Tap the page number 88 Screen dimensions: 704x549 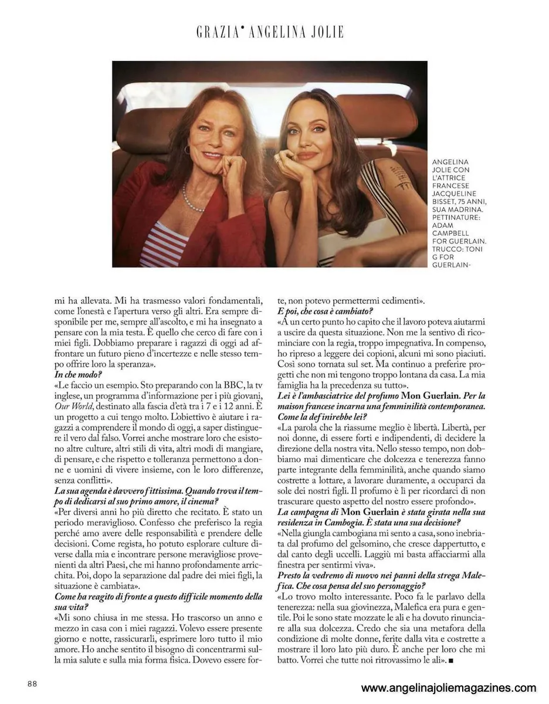(x=32, y=683)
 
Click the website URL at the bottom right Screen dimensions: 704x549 (x=448, y=688)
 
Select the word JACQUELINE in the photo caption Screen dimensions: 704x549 (x=453, y=193)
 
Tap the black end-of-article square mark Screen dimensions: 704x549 (x=452, y=662)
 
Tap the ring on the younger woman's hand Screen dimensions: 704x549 (x=277, y=158)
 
